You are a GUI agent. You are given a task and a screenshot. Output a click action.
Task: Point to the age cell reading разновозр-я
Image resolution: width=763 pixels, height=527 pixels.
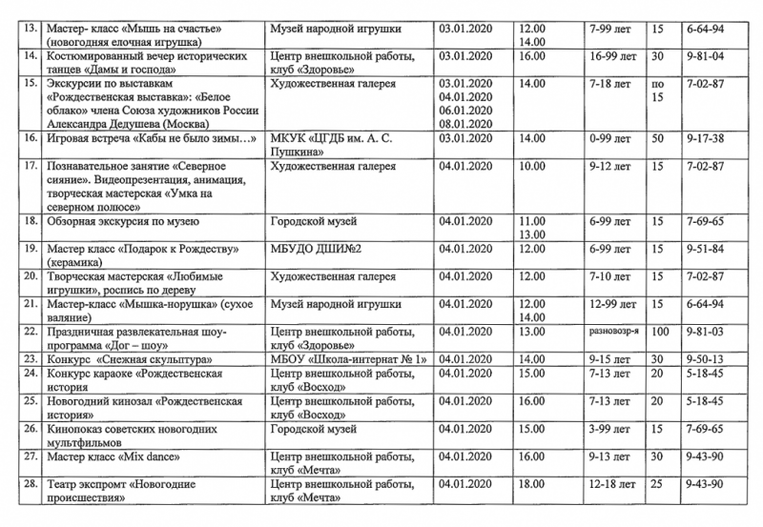(612, 332)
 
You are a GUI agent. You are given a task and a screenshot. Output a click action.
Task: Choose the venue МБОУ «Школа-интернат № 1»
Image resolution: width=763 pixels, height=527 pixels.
(346, 359)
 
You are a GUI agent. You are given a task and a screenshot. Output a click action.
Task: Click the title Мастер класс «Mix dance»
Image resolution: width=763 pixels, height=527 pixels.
(106, 457)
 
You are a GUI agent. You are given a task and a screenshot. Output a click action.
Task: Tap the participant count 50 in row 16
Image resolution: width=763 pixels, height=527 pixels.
(657, 139)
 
